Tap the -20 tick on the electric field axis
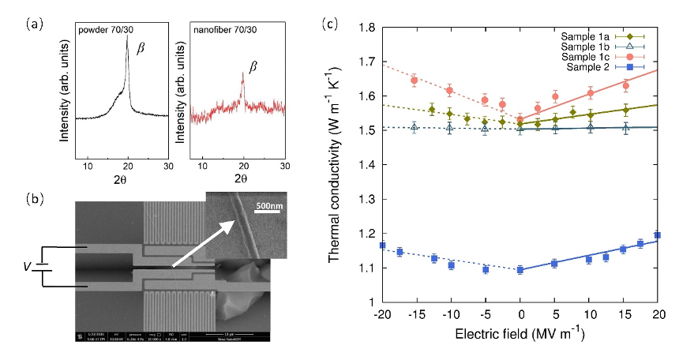click(x=382, y=315)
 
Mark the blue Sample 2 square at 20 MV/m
click(x=658, y=235)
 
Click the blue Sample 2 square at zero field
click(x=520, y=270)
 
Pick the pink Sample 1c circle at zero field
click(x=520, y=120)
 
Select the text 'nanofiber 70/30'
click(x=228, y=30)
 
